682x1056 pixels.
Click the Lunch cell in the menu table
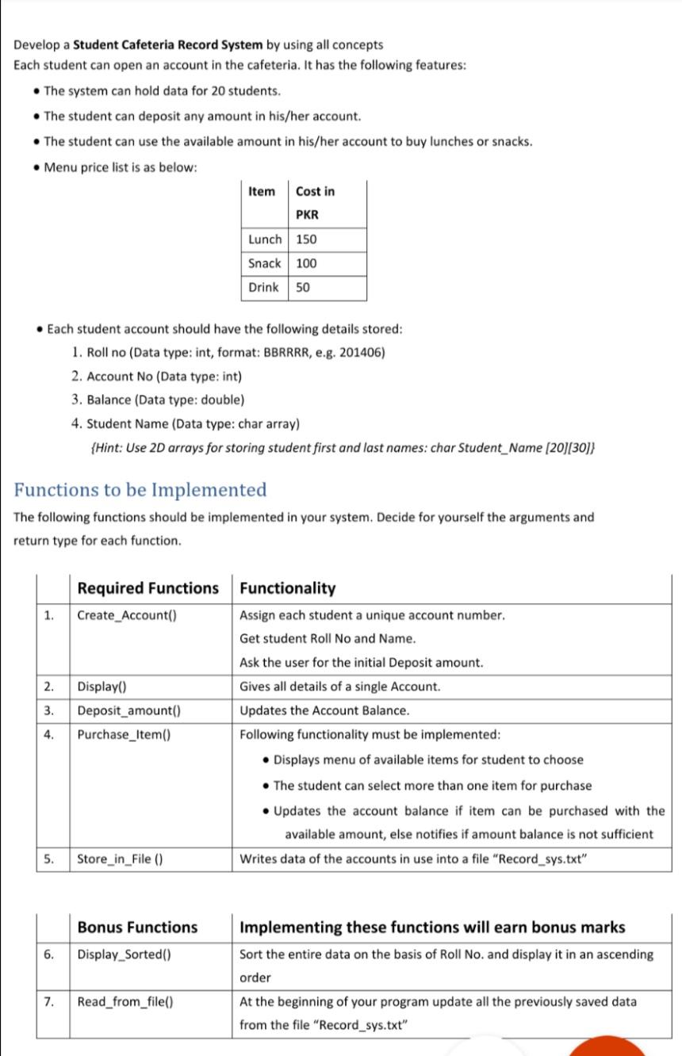pyautogui.click(x=265, y=239)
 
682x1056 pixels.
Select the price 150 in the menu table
pyautogui.click(x=306, y=239)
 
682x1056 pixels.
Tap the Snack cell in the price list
pyautogui.click(x=265, y=263)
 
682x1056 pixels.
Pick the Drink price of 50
pyautogui.click(x=303, y=288)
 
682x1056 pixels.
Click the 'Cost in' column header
pyautogui.click(x=315, y=191)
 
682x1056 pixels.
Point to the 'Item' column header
pyautogui.click(x=262, y=191)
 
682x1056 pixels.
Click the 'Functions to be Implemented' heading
pyautogui.click(x=140, y=489)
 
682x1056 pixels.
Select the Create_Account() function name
pyautogui.click(x=127, y=615)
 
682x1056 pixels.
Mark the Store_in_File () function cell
pyautogui.click(x=120, y=859)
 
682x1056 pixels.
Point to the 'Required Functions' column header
pyautogui.click(x=148, y=588)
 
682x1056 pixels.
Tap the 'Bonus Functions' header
pyautogui.click(x=138, y=927)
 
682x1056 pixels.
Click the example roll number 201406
pyautogui.click(x=362, y=352)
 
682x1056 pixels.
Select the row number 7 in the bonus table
pyautogui.click(x=49, y=1001)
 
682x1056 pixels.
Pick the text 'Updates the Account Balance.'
pyautogui.click(x=325, y=710)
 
